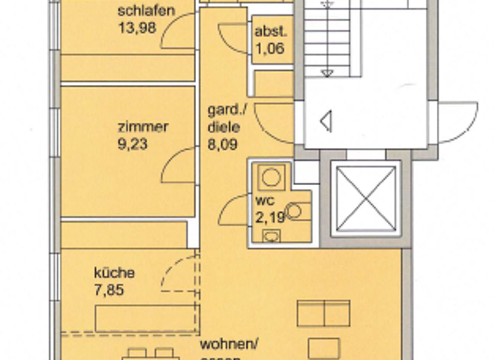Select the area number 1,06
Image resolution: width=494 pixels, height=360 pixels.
click(x=269, y=48)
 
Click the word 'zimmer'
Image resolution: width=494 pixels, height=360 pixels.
click(x=143, y=127)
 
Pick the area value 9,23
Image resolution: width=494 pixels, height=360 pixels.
click(x=133, y=144)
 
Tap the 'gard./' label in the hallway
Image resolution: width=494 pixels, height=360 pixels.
click(x=223, y=110)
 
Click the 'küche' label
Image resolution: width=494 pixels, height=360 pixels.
click(x=114, y=273)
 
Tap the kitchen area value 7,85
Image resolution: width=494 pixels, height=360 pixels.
click(x=107, y=290)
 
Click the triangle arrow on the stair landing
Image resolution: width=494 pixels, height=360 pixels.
click(x=325, y=121)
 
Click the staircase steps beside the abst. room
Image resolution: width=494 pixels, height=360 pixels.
click(x=328, y=39)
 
